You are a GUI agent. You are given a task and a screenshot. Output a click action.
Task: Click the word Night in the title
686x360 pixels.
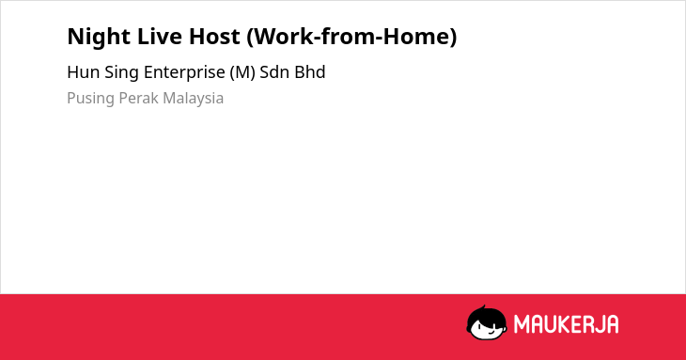99,38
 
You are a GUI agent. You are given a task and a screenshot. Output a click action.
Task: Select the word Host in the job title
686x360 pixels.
214,37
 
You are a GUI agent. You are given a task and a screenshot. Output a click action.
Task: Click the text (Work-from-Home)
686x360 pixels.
351,37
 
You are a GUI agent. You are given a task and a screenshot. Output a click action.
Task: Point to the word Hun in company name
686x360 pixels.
83,72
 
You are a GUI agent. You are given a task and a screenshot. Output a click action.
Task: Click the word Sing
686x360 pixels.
121,73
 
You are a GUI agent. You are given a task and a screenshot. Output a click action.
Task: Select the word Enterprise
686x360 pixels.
184,73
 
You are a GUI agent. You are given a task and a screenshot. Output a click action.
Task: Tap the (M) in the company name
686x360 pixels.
242,72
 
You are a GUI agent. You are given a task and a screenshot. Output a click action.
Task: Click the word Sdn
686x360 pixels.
274,72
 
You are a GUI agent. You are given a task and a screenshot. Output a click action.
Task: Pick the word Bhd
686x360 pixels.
310,72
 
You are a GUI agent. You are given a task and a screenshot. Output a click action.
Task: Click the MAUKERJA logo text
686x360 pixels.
566,324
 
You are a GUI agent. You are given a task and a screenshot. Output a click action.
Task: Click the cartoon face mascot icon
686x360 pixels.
487,322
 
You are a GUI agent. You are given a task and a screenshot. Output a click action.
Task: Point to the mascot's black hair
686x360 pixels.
486,315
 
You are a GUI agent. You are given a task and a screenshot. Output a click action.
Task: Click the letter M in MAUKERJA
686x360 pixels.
522,324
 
